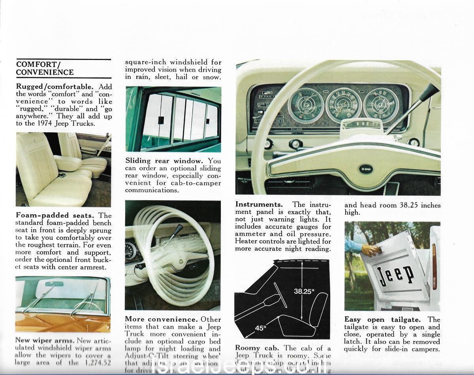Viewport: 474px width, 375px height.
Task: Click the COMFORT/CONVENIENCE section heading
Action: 45,68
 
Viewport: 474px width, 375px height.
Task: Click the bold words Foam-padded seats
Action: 55,216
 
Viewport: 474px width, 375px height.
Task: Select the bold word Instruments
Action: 259,204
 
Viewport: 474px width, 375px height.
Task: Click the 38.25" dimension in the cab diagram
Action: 304,292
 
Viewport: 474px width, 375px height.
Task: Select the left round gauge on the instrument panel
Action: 306,105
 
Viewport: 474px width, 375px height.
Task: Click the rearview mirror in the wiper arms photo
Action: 52,284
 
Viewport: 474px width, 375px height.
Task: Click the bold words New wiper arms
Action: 45,340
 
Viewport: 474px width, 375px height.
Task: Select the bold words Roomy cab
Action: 258,348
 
